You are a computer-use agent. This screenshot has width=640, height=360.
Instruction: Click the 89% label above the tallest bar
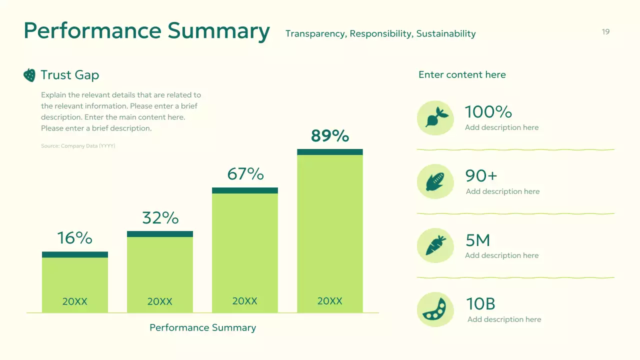point(329,136)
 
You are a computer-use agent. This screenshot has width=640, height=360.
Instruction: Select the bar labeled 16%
point(75,282)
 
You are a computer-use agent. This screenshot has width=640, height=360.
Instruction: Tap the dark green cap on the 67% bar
point(245,190)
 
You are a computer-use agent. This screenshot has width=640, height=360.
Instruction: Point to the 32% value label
point(160,218)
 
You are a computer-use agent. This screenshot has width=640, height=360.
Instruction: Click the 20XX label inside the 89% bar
point(329,301)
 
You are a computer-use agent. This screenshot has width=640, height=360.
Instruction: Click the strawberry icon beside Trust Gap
point(29,75)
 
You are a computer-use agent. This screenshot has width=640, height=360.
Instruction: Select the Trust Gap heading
point(69,75)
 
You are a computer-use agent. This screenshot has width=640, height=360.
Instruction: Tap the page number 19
point(605,32)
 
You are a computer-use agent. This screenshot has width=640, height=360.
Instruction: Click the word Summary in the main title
point(218,30)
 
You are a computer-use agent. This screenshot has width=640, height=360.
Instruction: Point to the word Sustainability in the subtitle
point(445,34)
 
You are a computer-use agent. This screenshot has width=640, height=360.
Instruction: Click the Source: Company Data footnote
point(78,146)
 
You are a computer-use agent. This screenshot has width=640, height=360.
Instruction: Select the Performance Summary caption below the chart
point(202,328)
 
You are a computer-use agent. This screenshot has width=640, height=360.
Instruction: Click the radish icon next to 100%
point(435,117)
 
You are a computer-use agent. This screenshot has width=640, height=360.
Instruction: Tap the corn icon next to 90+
point(435,181)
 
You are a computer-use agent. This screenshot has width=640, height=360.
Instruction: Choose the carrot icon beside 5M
point(435,245)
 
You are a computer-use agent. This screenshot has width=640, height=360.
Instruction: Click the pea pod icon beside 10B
point(435,309)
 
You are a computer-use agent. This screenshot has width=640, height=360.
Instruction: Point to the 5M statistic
point(478,240)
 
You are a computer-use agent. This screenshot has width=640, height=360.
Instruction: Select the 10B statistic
point(480,304)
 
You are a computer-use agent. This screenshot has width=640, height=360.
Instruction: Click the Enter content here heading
point(462,75)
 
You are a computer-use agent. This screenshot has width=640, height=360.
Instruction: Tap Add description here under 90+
point(502,191)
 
